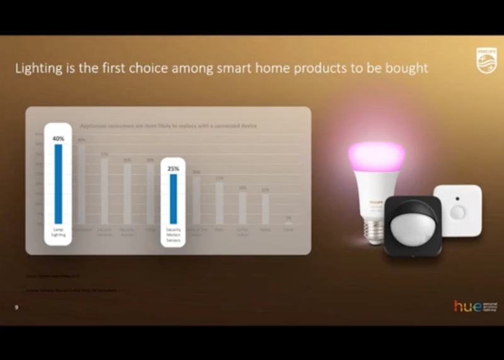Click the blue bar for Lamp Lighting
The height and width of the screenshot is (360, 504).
coord(58,183)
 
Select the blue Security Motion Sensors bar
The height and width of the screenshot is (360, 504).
coord(173,198)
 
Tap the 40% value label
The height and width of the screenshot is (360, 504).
coord(58,138)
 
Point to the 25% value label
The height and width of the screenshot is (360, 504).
coord(173,168)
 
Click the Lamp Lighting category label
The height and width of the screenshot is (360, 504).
coord(58,233)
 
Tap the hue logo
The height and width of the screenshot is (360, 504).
coord(467,306)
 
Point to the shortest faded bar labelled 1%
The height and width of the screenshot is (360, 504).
coord(288,222)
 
